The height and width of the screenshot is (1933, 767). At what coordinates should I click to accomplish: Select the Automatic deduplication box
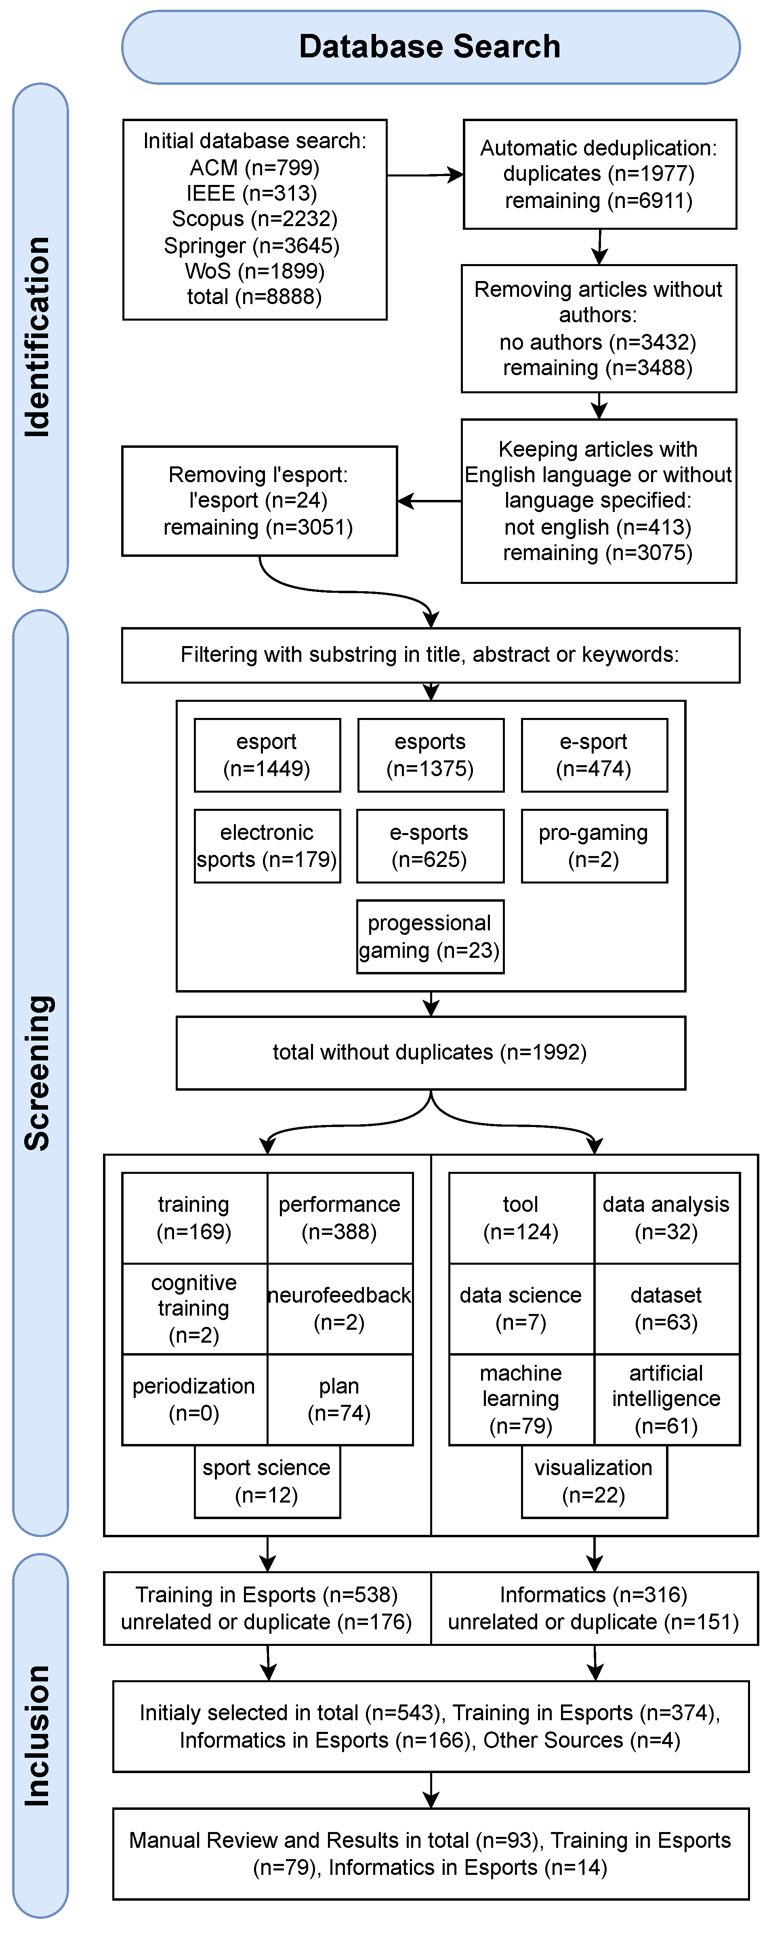coord(599,174)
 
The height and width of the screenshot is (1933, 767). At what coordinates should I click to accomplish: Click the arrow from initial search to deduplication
coord(424,175)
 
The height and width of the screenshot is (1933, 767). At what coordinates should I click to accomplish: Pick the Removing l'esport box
coord(259,500)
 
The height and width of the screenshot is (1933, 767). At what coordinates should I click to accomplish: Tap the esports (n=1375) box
coord(430,755)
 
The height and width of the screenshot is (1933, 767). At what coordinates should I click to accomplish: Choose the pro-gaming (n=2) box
coord(594,846)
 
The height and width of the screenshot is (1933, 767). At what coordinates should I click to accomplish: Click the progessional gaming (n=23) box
coord(430,936)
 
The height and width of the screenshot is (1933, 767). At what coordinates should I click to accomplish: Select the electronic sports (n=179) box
coord(267,846)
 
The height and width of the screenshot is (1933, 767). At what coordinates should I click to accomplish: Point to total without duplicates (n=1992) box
coord(430,1052)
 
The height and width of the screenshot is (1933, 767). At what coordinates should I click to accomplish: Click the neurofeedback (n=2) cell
coord(339,1309)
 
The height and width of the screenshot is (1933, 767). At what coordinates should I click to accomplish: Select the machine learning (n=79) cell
coord(521,1400)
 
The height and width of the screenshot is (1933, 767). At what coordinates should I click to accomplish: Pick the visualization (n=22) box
coord(594,1481)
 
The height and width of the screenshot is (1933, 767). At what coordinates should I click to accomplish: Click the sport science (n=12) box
coord(267,1481)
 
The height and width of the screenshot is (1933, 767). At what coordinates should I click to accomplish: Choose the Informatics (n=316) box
coord(594,1608)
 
